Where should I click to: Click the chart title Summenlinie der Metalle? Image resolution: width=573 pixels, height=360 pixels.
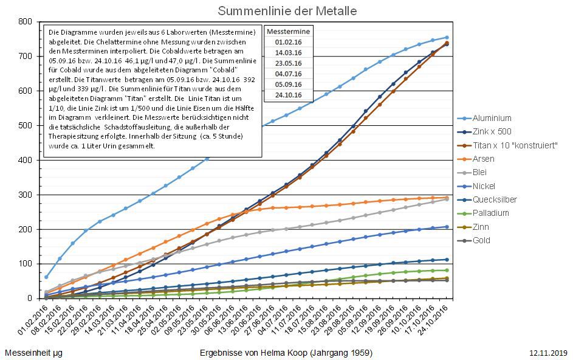coord(287,11)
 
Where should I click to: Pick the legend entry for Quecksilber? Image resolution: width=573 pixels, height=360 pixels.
coord(495,199)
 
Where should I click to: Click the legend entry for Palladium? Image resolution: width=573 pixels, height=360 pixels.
coord(491,213)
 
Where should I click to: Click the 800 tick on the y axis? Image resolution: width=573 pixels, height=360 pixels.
coord(26,21)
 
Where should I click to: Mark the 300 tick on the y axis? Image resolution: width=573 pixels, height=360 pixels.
coord(26,195)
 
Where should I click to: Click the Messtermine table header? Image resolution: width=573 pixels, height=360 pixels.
coord(289,32)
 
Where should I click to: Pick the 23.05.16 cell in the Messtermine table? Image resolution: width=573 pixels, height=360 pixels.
coord(289,63)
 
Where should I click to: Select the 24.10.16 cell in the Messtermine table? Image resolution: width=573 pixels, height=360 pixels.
coord(289,96)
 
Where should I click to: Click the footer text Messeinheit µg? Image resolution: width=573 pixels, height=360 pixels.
coord(33,353)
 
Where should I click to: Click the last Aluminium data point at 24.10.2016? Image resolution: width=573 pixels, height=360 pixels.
coord(447,38)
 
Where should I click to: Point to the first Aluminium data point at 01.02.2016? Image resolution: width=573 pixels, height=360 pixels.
coord(46,277)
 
